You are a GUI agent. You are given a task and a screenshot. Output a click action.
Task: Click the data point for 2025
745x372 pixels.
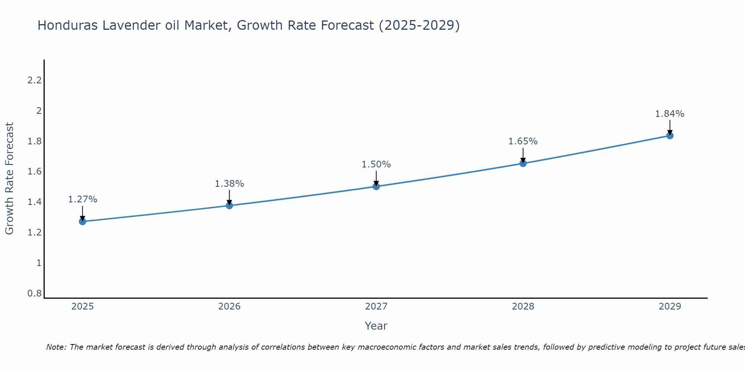[82, 221]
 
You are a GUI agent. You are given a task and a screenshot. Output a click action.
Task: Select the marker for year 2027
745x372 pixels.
[376, 186]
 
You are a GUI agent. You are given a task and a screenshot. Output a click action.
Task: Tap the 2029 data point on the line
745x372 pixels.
[670, 135]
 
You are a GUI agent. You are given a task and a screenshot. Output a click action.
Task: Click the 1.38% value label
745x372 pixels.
[229, 184]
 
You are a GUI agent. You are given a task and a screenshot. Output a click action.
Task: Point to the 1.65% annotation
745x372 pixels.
[523, 141]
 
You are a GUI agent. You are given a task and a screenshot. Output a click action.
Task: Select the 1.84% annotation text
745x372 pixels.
[670, 114]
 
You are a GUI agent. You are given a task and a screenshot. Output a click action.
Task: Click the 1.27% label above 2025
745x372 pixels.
[82, 199]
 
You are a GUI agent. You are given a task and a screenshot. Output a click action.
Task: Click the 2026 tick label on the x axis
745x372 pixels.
[229, 307]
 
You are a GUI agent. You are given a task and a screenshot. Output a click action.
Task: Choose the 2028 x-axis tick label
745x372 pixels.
[523, 307]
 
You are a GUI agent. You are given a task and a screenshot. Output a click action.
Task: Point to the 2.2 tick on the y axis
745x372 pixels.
[34, 80]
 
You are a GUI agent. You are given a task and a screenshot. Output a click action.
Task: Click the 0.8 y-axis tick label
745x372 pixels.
[34, 294]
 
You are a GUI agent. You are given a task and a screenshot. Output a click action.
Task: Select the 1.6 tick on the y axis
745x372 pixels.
[34, 171]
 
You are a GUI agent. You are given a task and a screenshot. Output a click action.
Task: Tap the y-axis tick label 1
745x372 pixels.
[39, 263]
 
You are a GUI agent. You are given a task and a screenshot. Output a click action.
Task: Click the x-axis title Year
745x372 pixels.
[376, 326]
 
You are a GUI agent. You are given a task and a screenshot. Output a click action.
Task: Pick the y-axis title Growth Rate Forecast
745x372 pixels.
[9, 179]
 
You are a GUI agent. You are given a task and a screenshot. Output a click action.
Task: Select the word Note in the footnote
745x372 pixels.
[56, 347]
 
